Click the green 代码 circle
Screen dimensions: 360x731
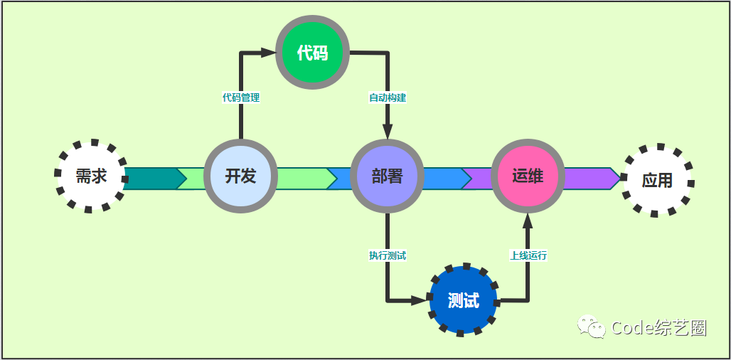tap(312, 53)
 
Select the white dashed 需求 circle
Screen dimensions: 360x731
tap(91, 176)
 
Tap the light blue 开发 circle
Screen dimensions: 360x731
tap(240, 176)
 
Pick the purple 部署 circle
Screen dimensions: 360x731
tap(387, 176)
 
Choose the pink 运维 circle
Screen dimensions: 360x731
tap(528, 176)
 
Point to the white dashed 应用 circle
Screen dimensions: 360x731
tap(657, 180)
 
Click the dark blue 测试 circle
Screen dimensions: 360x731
tap(464, 300)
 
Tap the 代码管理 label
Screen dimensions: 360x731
tap(241, 97)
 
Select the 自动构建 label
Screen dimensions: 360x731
tap(388, 97)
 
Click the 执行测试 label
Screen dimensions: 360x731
tap(388, 255)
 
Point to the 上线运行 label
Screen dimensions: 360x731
tap(528, 255)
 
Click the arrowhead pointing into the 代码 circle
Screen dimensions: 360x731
tap(268, 52)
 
